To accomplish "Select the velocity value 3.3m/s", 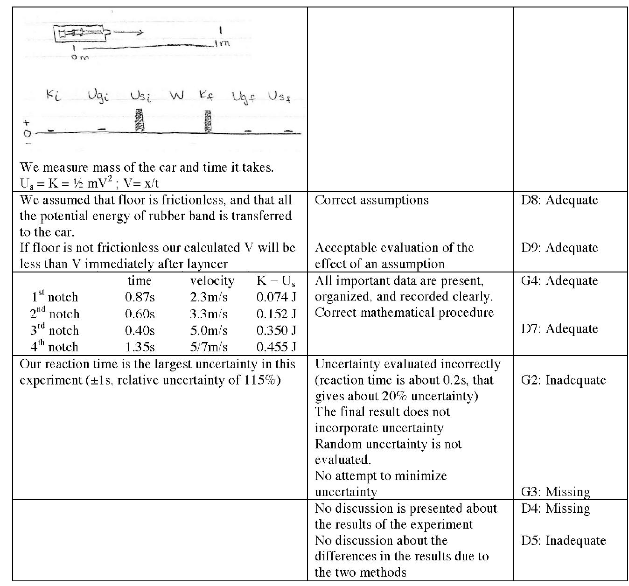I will point(209,314).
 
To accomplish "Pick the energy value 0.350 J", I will point(276,330).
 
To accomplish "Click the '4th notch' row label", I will point(54,347).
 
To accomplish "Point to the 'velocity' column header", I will point(212,281).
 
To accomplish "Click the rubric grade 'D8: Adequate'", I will point(559,200).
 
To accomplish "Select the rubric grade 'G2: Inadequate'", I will point(563,380).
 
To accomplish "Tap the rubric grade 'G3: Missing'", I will point(555,492).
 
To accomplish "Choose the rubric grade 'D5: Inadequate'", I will point(563,541).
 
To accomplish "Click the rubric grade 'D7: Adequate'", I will point(559,329).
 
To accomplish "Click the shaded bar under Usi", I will point(139,120).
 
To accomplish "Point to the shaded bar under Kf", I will point(208,121).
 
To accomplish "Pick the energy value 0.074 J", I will point(276,297).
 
